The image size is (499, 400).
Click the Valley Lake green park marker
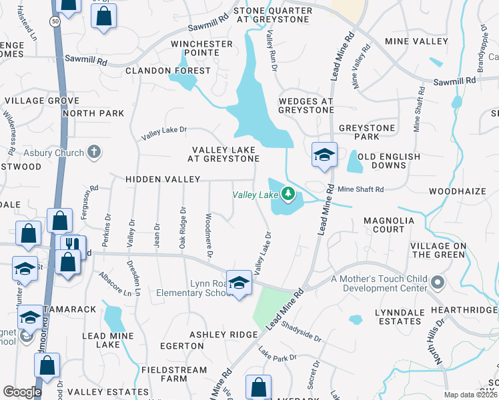[288, 195]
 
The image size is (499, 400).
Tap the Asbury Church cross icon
[94, 153]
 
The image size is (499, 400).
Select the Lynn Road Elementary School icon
[238, 283]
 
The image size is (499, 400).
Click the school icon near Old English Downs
[324, 155]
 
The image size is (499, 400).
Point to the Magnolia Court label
[394, 225]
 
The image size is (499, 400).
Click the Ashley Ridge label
[223, 335]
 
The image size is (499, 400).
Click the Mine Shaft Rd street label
[360, 190]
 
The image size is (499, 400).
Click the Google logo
[22, 392]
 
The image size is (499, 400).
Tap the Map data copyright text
[470, 395]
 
